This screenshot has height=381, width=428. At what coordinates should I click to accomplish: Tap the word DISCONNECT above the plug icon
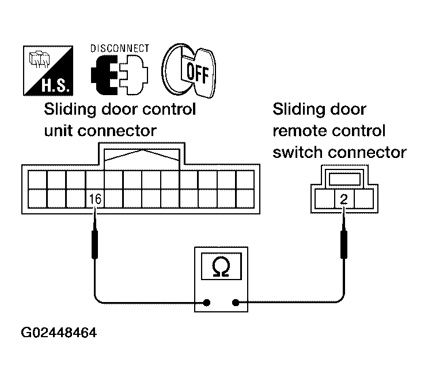pos(120,48)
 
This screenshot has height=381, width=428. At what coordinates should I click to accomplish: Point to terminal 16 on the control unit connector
pos(95,199)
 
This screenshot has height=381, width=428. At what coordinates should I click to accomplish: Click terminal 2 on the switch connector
pos(343,199)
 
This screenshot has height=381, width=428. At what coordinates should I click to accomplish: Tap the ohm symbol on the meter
pos(221,266)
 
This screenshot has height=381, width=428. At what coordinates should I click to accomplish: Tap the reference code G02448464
pos(59,334)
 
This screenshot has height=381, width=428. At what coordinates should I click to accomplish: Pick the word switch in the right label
pos(297,152)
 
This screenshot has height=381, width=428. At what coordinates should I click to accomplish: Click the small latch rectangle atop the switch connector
pos(344,178)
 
